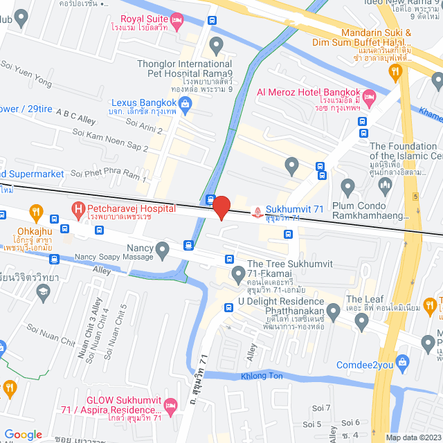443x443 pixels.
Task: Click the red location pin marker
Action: click(x=221, y=208)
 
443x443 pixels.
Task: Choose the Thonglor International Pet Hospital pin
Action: click(x=216, y=47)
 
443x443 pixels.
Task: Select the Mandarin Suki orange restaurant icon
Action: click(x=395, y=71)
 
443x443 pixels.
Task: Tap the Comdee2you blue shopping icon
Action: click(x=404, y=362)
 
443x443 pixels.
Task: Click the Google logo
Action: click(x=23, y=434)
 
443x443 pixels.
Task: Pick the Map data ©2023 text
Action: click(x=412, y=437)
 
